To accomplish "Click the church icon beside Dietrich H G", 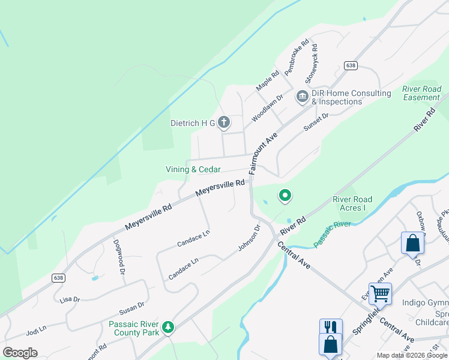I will (223, 123).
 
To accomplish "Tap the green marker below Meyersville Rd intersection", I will (285, 196).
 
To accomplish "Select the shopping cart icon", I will (380, 293).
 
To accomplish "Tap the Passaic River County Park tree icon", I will (169, 326).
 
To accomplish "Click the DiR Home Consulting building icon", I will (302, 96).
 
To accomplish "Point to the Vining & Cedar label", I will (193, 170).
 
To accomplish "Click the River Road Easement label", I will (421, 93).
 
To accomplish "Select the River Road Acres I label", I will (352, 203).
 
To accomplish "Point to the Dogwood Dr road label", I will (119, 257).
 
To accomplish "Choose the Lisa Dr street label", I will (70, 298).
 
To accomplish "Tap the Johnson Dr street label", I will (249, 238).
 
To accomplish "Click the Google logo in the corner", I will (20, 352).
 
